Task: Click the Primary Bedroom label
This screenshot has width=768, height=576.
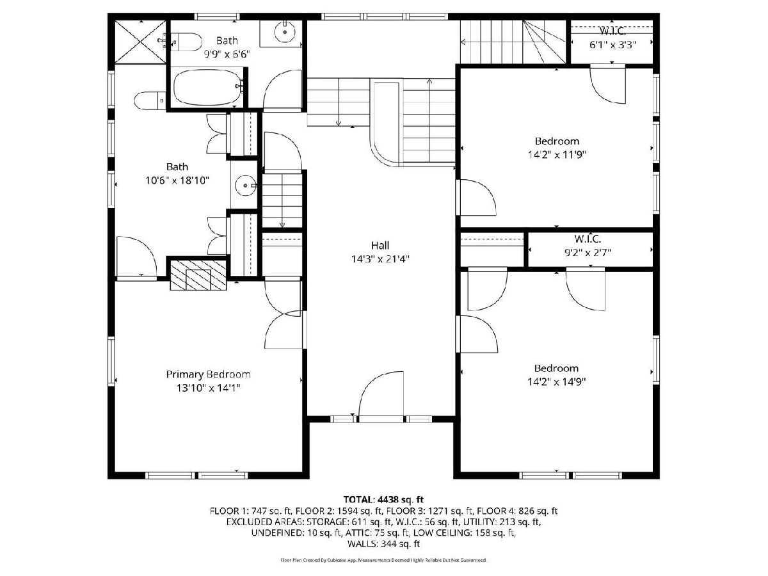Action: pos(208,374)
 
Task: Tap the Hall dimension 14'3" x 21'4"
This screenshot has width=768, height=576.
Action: pos(380,259)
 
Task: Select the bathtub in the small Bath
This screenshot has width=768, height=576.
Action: pos(208,87)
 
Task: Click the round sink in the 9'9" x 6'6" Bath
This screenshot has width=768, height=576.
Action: pos(285,32)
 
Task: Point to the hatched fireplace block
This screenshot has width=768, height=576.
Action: pos(198,275)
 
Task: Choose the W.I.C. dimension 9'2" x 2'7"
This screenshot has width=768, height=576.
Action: pos(588,252)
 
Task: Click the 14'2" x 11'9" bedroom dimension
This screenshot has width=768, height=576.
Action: pos(557,155)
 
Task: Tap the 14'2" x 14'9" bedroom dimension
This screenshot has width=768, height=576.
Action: pos(557,381)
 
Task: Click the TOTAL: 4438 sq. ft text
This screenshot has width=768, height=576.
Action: pos(383,499)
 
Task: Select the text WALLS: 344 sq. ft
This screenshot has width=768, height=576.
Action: pos(383,544)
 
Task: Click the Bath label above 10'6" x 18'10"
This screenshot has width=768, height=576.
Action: pos(177,167)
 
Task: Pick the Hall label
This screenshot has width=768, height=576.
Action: pos(380,246)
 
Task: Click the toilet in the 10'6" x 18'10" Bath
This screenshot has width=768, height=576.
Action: pos(150,100)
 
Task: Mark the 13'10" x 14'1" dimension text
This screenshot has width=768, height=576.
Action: pos(209,388)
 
